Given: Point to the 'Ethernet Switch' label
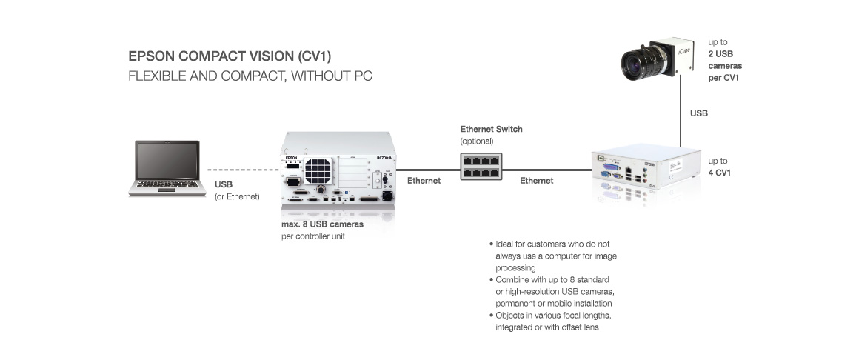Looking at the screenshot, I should (x=491, y=129).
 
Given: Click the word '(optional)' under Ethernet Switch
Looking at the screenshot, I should (x=477, y=141).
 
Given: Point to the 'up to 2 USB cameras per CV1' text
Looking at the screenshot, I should (x=723, y=60).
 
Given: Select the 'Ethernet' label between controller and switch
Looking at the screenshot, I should (x=424, y=180).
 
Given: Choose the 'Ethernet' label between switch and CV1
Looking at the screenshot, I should (x=536, y=180).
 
